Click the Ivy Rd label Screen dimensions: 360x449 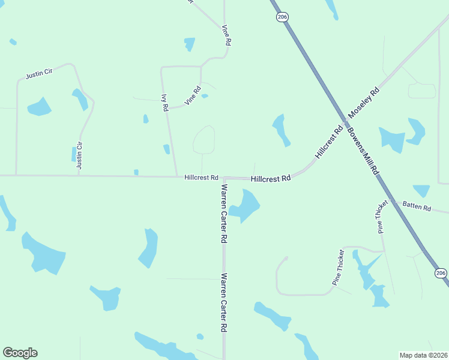[x=164, y=102]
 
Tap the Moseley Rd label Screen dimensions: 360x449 [x=364, y=102]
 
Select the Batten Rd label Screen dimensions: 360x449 [x=417, y=207]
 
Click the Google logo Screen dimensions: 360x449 [x=20, y=353]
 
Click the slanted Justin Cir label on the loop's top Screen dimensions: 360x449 [x=40, y=74]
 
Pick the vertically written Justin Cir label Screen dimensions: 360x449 [x=79, y=155]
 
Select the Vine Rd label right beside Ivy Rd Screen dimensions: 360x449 [x=193, y=97]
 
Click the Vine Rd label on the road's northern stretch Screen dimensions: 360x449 [x=226, y=36]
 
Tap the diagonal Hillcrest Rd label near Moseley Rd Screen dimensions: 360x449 [x=329, y=142]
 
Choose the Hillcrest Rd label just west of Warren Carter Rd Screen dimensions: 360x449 [x=201, y=178]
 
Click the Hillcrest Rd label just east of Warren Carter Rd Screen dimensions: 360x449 [x=271, y=179]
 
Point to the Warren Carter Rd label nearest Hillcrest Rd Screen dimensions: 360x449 [x=223, y=212]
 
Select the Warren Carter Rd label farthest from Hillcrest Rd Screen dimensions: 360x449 [x=223, y=303]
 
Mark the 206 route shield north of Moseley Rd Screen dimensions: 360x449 [x=282, y=17]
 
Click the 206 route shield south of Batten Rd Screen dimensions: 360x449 [x=441, y=274]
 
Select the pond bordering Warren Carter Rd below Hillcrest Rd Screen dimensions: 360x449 [x=245, y=206]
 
